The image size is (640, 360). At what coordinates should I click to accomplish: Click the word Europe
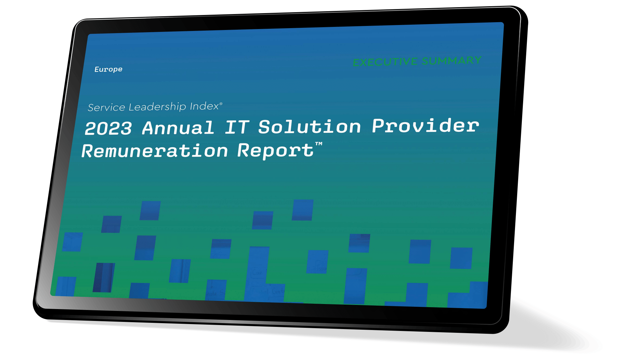(x=108, y=69)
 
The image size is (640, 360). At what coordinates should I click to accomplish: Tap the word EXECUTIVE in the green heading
(x=385, y=62)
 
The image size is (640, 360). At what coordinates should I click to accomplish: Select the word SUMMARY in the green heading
(x=452, y=60)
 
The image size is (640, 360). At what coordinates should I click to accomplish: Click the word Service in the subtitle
(x=107, y=107)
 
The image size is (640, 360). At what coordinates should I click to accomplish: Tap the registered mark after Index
(x=221, y=103)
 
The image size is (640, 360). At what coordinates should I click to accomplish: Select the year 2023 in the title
(x=108, y=128)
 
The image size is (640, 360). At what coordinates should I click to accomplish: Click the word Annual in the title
(x=178, y=128)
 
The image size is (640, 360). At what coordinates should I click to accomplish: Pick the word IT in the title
(x=237, y=127)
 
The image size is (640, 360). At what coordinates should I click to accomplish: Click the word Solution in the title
(x=309, y=127)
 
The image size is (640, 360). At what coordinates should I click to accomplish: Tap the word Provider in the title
(x=425, y=125)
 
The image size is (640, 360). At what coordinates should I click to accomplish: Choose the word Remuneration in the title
(x=155, y=151)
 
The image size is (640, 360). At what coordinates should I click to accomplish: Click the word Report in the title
(x=275, y=151)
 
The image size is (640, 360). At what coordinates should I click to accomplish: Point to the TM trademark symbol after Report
(x=319, y=144)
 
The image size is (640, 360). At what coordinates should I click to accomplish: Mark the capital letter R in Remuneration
(x=88, y=151)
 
